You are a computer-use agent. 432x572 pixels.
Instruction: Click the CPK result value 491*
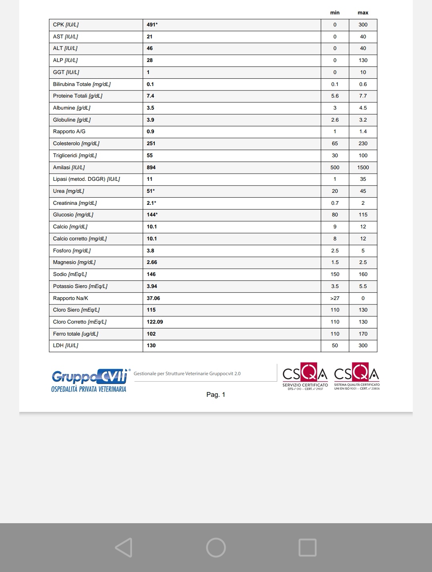152,25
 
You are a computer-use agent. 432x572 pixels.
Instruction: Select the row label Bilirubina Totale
82,84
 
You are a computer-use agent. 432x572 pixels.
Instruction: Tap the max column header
363,13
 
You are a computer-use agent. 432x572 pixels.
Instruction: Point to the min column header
335,13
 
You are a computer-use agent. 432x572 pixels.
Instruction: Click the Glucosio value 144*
152,215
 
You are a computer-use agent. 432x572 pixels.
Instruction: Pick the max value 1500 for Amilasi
363,168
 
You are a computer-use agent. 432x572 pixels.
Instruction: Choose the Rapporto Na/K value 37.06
153,298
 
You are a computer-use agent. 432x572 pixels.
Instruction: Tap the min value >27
335,298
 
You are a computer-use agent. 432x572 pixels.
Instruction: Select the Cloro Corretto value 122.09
155,322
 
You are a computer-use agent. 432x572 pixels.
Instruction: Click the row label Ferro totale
76,334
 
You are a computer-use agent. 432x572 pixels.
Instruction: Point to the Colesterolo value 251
151,144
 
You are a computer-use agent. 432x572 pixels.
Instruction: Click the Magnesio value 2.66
152,262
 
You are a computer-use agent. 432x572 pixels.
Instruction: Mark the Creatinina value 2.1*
151,203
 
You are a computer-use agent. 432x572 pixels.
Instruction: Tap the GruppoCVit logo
89,380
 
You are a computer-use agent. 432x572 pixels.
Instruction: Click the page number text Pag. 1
216,395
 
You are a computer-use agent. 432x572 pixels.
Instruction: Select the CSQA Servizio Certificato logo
305,376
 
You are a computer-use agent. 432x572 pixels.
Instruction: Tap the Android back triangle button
124,547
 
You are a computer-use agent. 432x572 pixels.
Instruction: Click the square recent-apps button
307,548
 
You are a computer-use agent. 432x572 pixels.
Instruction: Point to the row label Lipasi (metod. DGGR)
86,179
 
